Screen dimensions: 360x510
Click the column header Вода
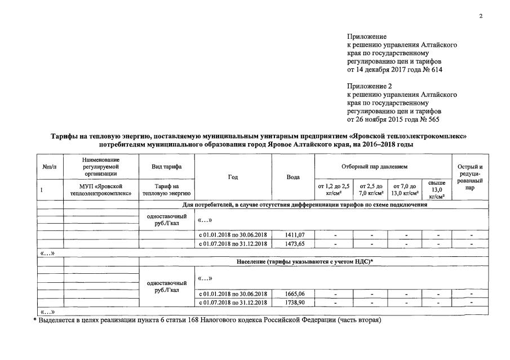click(293, 177)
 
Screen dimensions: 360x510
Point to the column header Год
click(233, 177)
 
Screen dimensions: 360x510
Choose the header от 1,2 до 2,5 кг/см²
click(334, 190)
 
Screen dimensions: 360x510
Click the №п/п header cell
click(49, 167)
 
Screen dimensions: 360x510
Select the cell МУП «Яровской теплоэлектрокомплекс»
click(101, 190)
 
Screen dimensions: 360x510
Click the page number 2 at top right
click(481, 16)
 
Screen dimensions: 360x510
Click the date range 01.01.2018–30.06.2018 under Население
click(233, 294)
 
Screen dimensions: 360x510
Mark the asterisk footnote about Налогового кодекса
click(209, 320)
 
